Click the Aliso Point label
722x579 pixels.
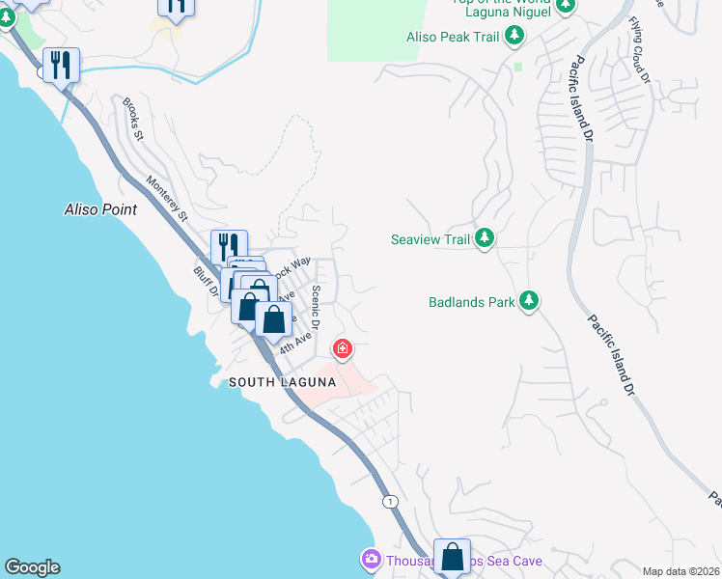(100, 208)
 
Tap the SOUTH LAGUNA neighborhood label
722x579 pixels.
(282, 383)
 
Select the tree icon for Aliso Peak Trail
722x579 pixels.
(515, 37)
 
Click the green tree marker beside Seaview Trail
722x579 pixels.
(485, 238)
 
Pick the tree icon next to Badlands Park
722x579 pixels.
(529, 301)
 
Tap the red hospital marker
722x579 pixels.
(342, 347)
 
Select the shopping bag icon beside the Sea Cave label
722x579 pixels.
(452, 557)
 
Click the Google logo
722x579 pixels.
(32, 567)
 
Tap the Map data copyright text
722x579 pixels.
(681, 571)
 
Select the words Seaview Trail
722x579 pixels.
(430, 239)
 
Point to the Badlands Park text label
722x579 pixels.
(472, 302)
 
